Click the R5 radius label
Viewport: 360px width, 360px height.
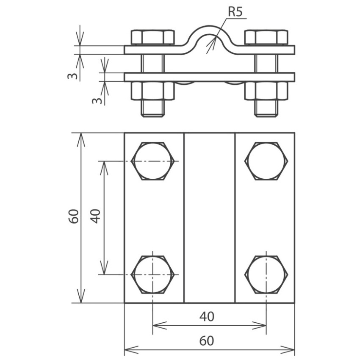(x=235, y=12)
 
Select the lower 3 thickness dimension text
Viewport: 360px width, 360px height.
(x=97, y=100)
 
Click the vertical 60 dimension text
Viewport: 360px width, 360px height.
(x=74, y=216)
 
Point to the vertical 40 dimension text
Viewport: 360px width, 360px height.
(x=96, y=216)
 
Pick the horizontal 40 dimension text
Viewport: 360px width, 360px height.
(x=207, y=317)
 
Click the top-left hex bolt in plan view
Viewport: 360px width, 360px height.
(x=152, y=161)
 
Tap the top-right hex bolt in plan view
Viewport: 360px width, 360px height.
(x=266, y=161)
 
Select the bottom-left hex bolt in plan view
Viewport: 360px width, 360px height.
(x=152, y=274)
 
